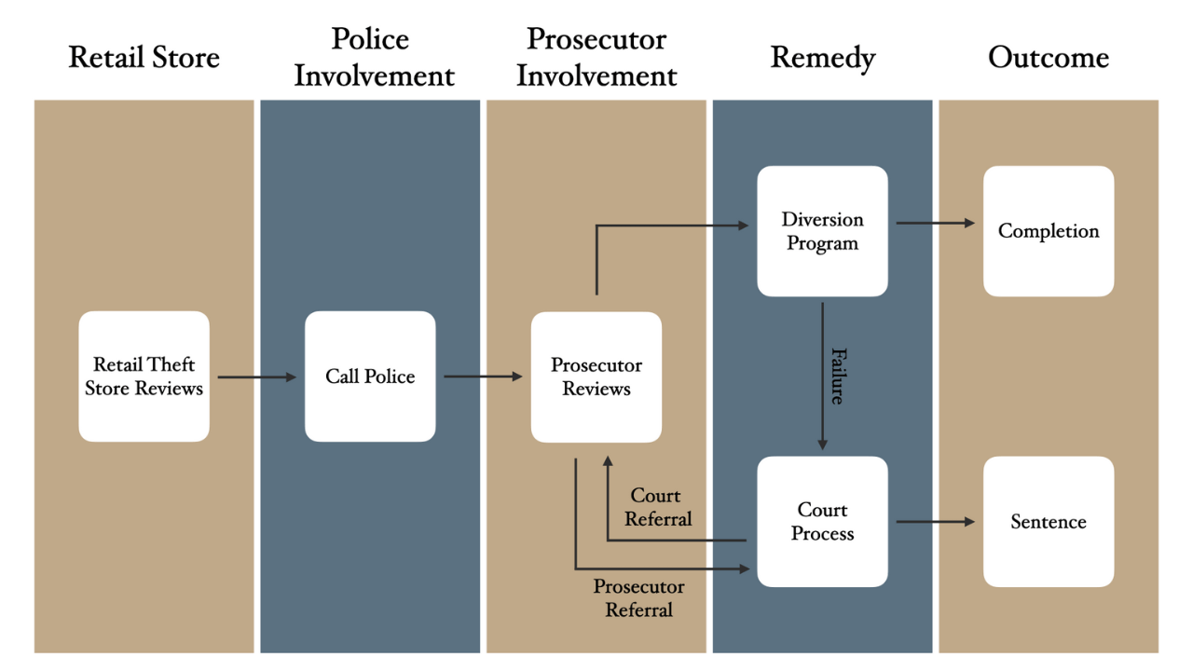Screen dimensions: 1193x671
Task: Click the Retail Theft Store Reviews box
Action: coord(144,377)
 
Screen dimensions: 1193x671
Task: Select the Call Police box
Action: coord(370,377)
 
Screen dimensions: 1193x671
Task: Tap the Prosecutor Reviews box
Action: coord(596,377)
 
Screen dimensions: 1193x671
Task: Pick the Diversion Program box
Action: coord(822,231)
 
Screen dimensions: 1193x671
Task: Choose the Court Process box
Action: coord(822,522)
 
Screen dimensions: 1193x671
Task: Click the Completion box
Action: coord(1049,231)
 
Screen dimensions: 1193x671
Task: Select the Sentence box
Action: coord(1049,522)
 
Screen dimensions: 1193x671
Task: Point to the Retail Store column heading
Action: coord(144,57)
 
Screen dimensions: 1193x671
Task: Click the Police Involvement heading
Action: coord(374,57)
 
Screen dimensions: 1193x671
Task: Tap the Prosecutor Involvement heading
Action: coord(596,57)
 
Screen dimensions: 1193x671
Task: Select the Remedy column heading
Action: coord(823,59)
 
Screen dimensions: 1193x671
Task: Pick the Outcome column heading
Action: coord(1049,57)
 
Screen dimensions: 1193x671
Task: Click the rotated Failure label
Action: coord(838,377)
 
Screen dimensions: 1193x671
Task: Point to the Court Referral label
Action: coord(658,507)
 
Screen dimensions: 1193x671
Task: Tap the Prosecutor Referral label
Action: coord(638,598)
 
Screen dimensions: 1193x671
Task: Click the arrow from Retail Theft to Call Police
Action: coord(256,377)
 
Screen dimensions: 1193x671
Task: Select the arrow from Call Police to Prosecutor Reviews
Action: coord(483,377)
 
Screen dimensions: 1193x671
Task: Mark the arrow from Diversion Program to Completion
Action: coord(935,223)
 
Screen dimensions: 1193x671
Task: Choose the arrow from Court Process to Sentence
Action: coord(935,522)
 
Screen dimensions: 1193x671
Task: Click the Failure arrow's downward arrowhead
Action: coord(822,445)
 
